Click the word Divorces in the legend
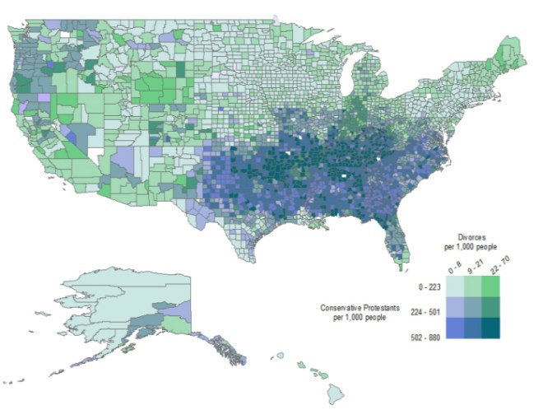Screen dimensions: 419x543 click(x=473, y=235)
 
